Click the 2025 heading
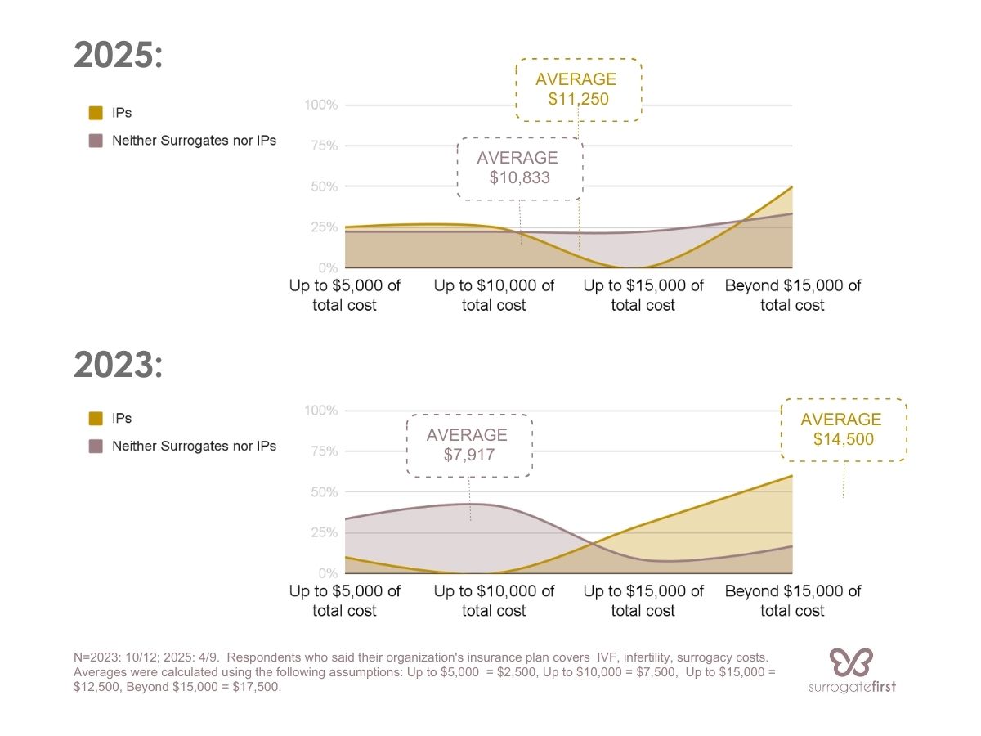tap(119, 56)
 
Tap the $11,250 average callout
tap(578, 90)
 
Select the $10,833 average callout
tap(519, 168)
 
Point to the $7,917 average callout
tap(469, 446)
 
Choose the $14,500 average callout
tap(843, 430)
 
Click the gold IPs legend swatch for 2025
tap(96, 113)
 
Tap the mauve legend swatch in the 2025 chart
tap(96, 141)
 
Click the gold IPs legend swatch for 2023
tap(96, 419)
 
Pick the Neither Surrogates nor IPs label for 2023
tap(194, 447)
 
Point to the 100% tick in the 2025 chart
tap(320, 105)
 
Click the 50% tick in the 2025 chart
tap(324, 187)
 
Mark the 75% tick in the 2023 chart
tap(324, 451)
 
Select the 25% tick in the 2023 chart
tap(324, 533)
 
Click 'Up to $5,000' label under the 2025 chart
tap(345, 295)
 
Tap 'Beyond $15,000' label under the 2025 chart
tap(792, 295)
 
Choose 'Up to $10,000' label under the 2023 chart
tap(494, 600)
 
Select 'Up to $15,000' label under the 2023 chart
tap(643, 600)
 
